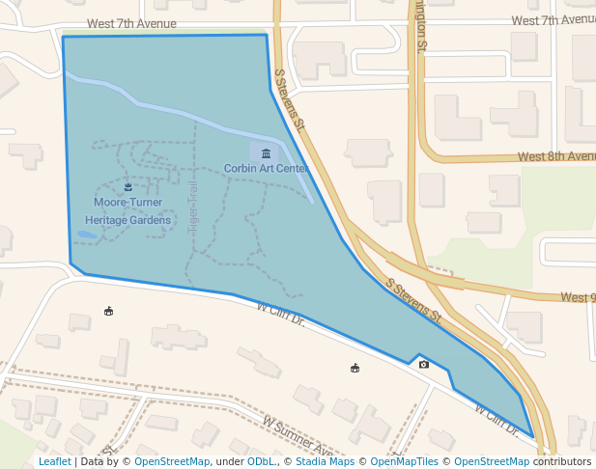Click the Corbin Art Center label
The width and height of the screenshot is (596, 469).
pyautogui.click(x=266, y=168)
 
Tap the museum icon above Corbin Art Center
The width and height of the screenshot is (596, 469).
pyautogui.click(x=266, y=152)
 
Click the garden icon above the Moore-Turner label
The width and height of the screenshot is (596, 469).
pyautogui.click(x=128, y=187)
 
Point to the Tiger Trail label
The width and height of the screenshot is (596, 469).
pyautogui.click(x=193, y=205)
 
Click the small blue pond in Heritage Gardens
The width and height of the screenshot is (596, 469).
pyautogui.click(x=87, y=234)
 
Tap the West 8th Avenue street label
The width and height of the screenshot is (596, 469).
pyautogui.click(x=555, y=156)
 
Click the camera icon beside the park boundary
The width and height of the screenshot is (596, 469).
pyautogui.click(x=423, y=364)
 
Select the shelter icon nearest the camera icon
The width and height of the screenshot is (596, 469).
pyautogui.click(x=355, y=368)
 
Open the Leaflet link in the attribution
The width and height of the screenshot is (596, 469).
pyautogui.click(x=54, y=462)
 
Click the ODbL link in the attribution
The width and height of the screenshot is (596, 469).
pyautogui.click(x=261, y=462)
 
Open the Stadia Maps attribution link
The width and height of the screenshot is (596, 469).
pyautogui.click(x=324, y=462)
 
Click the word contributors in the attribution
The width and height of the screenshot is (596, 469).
pyautogui.click(x=562, y=462)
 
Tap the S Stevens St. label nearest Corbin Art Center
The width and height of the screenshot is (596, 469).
pyautogui.click(x=290, y=99)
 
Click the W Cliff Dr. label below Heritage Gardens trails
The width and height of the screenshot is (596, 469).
pyautogui.click(x=281, y=314)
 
